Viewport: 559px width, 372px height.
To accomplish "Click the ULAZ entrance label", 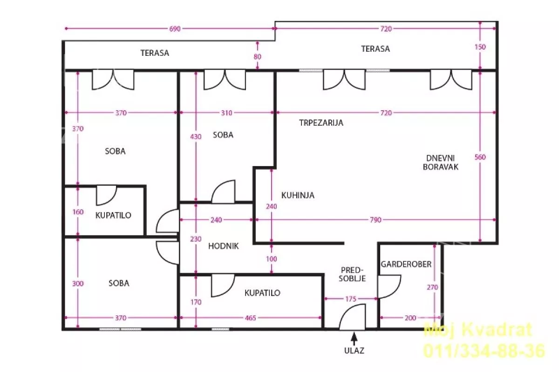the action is (x=354, y=351).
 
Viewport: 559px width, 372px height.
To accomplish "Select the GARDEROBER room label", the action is (x=406, y=264).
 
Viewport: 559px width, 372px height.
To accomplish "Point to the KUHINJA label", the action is (x=298, y=195).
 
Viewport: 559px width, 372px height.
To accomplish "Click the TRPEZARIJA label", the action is (x=321, y=122).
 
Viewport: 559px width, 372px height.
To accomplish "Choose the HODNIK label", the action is (x=223, y=246).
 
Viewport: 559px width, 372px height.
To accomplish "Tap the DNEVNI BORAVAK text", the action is (x=441, y=162).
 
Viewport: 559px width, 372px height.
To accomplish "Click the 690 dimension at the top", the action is (x=175, y=29).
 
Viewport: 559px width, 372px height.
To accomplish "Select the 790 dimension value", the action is (x=375, y=220).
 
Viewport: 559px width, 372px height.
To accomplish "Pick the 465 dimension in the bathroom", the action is (x=250, y=318).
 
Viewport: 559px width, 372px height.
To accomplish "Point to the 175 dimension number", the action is (x=351, y=299).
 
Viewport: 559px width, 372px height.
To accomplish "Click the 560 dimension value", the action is (x=480, y=157).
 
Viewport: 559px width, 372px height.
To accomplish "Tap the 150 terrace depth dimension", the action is (x=480, y=47).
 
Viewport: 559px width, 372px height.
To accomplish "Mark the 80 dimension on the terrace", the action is (x=258, y=57).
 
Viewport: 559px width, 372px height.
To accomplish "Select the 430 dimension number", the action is (x=196, y=136).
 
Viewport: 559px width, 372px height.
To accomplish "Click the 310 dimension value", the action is (x=226, y=113).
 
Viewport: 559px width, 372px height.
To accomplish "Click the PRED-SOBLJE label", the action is (x=352, y=274).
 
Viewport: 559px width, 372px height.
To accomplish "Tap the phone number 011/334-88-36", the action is (x=484, y=351).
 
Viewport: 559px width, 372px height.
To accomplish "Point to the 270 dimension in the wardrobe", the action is (x=432, y=287).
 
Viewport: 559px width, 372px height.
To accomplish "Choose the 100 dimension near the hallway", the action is (x=271, y=259).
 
